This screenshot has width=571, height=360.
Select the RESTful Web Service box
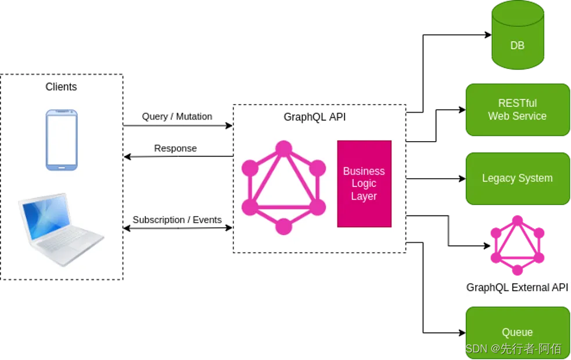[517, 109]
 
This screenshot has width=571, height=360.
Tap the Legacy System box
[517, 178]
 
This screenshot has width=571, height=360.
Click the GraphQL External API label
[517, 287]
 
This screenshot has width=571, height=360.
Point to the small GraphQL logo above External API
[517, 245]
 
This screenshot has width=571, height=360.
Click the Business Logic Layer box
[364, 183]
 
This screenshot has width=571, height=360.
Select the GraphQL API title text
[315, 117]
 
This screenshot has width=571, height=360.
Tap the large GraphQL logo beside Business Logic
[283, 187]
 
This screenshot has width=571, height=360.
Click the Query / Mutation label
[177, 117]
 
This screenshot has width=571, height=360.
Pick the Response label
[175, 149]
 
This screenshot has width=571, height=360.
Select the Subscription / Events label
[177, 220]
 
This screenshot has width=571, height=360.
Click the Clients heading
[61, 87]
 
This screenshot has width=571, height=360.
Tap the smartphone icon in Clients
[62, 140]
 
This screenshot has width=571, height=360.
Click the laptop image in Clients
[60, 230]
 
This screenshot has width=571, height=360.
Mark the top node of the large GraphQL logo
[283, 149]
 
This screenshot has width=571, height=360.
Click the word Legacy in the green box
[498, 178]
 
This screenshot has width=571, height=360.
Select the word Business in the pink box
[364, 171]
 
